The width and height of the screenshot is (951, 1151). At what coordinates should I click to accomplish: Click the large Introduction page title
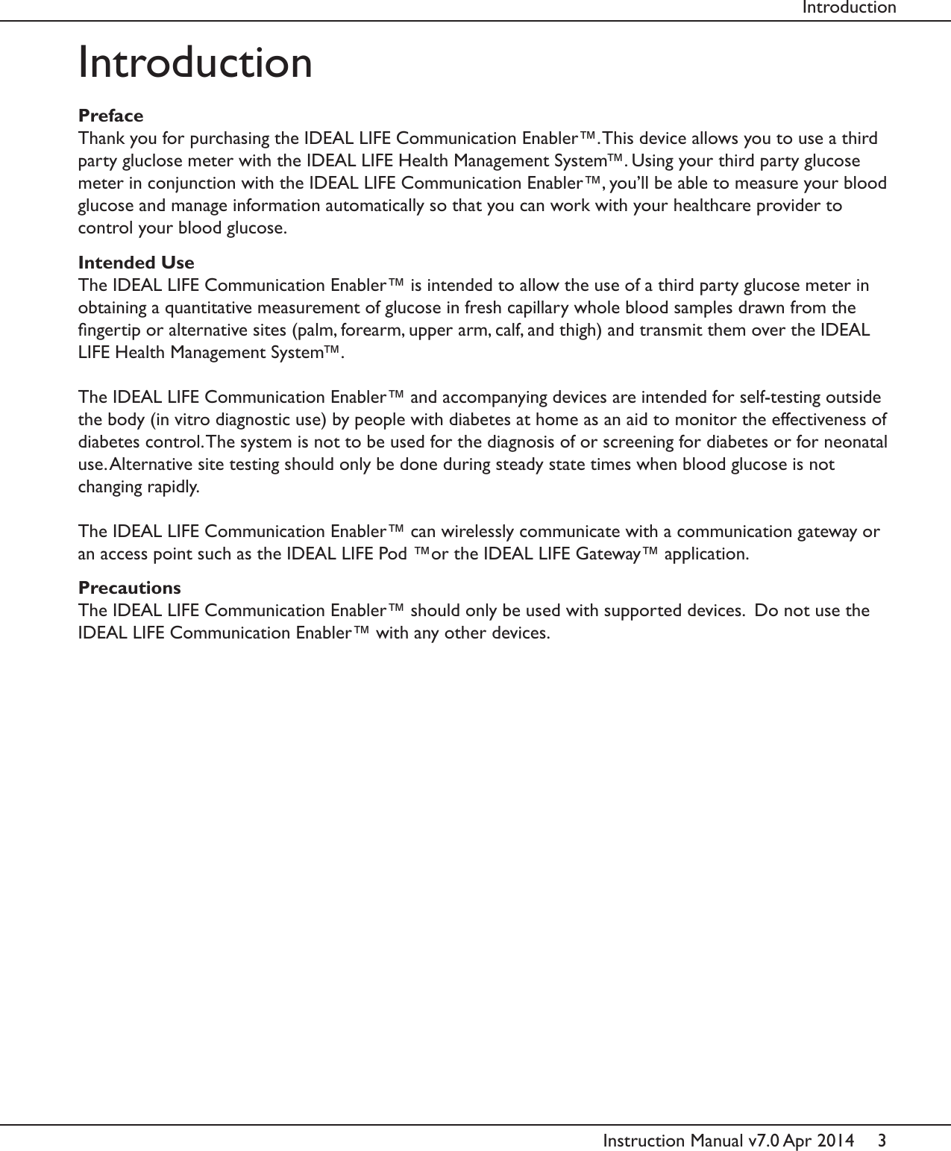point(195,62)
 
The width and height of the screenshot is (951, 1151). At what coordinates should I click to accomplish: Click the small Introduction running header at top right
point(849,8)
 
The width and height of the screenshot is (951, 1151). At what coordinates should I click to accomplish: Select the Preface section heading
point(111,116)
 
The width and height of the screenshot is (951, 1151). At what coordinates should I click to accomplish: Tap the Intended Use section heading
point(136,263)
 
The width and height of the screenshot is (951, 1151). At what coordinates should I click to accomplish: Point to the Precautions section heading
point(130,588)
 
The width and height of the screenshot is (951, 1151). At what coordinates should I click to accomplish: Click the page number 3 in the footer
point(882,1141)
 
